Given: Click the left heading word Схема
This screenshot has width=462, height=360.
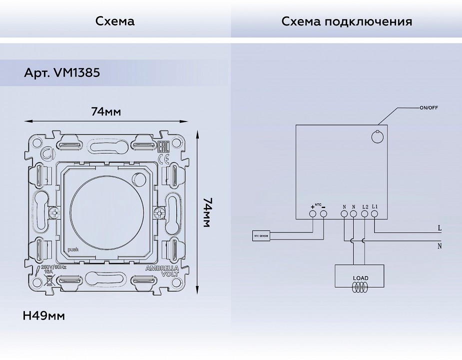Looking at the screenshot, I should pyautogui.click(x=115, y=21).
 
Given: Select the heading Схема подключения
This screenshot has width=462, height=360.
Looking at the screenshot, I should pyautogui.click(x=347, y=21).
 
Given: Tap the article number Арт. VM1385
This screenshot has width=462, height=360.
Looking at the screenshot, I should pyautogui.click(x=62, y=73).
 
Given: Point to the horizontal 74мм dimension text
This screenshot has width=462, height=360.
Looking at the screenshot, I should pyautogui.click(x=106, y=111).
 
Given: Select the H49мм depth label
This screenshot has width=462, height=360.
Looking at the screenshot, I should pyautogui.click(x=44, y=316).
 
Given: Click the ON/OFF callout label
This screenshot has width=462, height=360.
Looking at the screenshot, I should pyautogui.click(x=429, y=107).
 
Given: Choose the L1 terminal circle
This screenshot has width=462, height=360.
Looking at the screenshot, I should pyautogui.click(x=375, y=214).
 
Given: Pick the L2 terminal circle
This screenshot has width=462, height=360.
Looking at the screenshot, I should pyautogui.click(x=365, y=214).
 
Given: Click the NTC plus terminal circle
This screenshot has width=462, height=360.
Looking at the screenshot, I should pyautogui.click(x=313, y=214).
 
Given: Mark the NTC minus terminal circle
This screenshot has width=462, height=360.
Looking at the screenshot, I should pyautogui.click(x=323, y=214).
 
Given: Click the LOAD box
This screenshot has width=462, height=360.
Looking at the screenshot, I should pyautogui.click(x=360, y=275).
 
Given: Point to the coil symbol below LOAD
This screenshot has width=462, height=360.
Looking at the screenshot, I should pyautogui.click(x=360, y=287).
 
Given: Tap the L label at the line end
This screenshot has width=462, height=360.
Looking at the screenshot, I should pyautogui.click(x=439, y=228).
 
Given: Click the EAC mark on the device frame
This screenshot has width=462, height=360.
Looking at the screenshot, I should pyautogui.click(x=163, y=147).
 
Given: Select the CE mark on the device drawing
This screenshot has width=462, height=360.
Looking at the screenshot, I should pyautogui.click(x=163, y=159).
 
